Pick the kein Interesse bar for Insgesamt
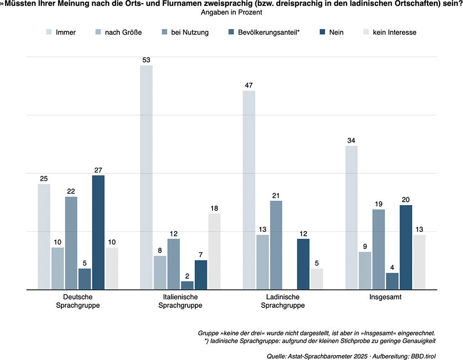(419, 262)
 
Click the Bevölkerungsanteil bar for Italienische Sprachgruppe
(187, 285)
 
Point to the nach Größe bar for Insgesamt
(365, 270)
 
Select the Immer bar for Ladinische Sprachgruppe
(249, 190)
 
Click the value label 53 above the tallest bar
(146, 60)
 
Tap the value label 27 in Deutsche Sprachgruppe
(98, 170)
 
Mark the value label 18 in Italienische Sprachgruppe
(214, 208)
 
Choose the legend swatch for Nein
(322, 33)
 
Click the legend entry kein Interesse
(394, 33)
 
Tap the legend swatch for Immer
(49, 33)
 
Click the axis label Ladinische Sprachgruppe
(283, 301)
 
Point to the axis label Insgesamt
(386, 297)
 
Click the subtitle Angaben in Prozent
(231, 12)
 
